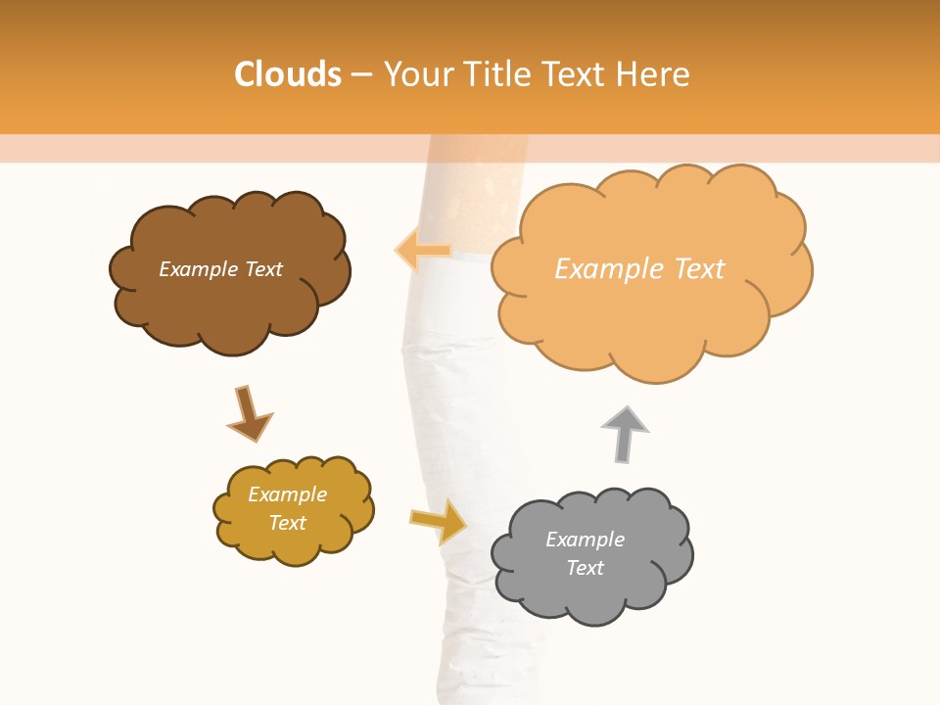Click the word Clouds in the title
(288, 74)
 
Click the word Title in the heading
(493, 74)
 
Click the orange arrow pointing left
(423, 251)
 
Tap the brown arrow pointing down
(249, 413)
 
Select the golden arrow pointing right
(438, 520)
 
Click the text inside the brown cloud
(220, 269)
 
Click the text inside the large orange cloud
(639, 269)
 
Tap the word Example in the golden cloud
(287, 494)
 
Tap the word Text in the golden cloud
(287, 523)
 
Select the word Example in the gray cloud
(585, 540)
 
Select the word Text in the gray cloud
(585, 568)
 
